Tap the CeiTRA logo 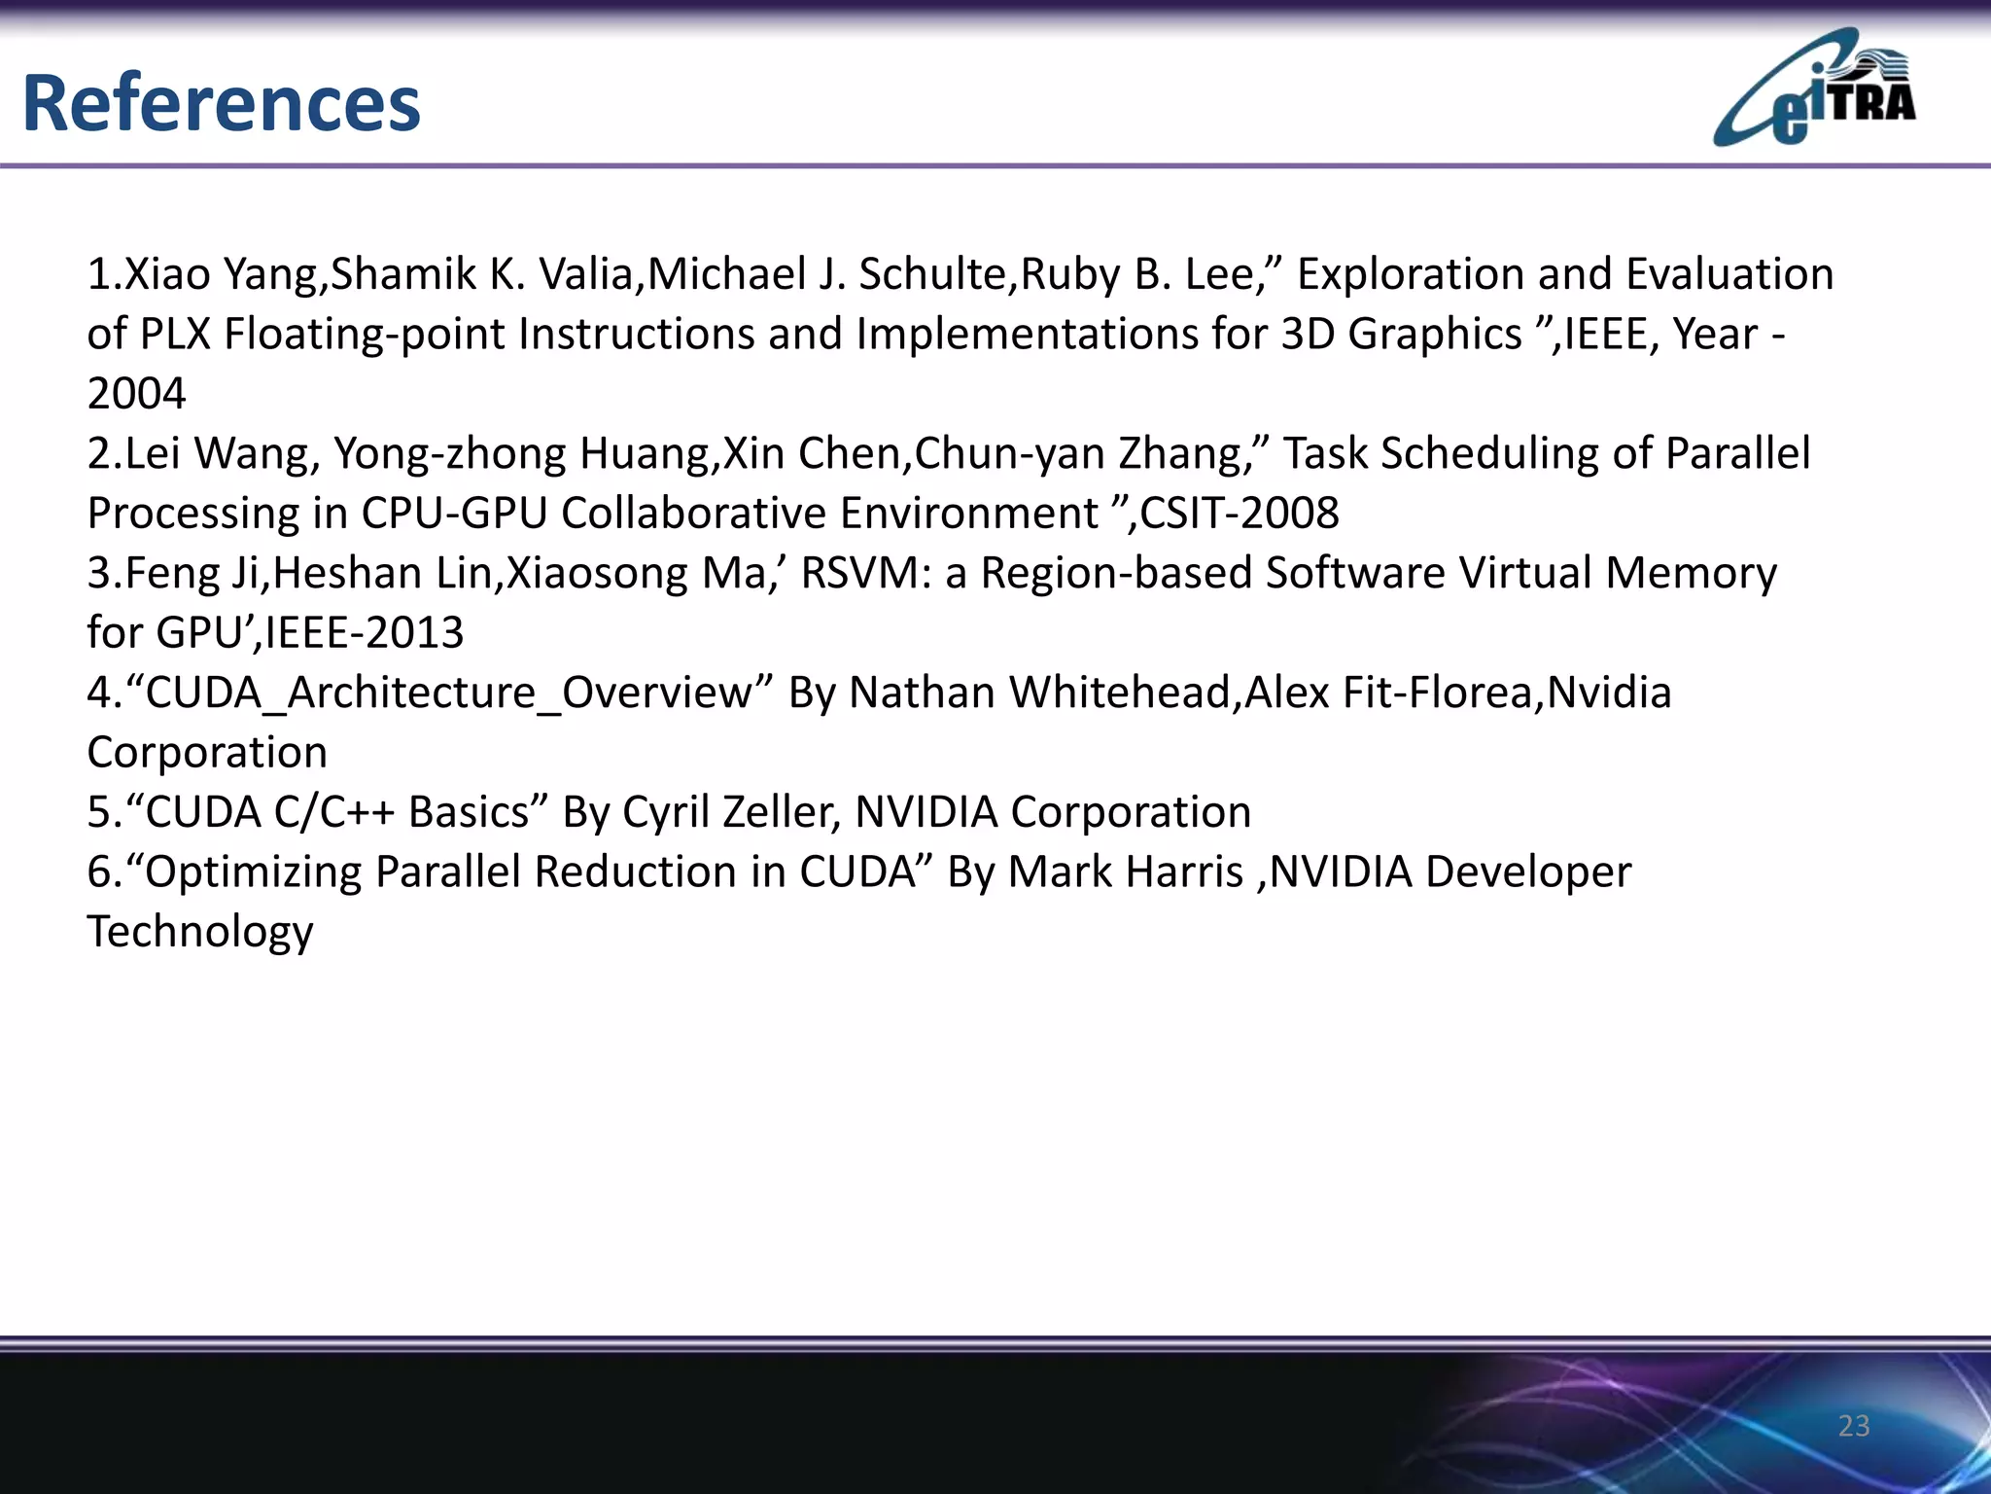click(1814, 89)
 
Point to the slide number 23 click(1854, 1426)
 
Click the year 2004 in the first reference click(136, 394)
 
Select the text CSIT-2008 click(1240, 513)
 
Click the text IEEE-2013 click(365, 633)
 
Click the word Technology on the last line click(200, 932)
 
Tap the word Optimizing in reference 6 click(252, 872)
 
